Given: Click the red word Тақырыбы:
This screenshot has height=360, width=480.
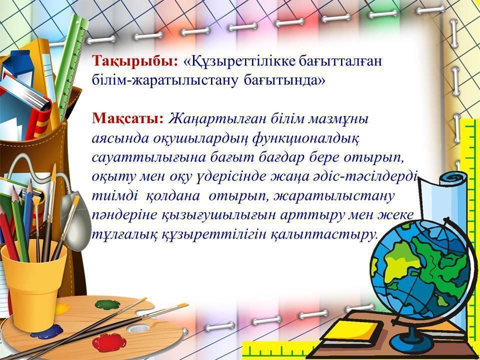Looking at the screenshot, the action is click(134, 61).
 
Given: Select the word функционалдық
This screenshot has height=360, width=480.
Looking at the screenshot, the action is click(306, 139).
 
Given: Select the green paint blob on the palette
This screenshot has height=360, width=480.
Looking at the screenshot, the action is click(107, 304).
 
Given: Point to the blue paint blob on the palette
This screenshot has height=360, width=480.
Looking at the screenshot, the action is click(47, 332).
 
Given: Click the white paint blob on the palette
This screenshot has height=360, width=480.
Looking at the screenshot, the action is click(138, 328).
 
